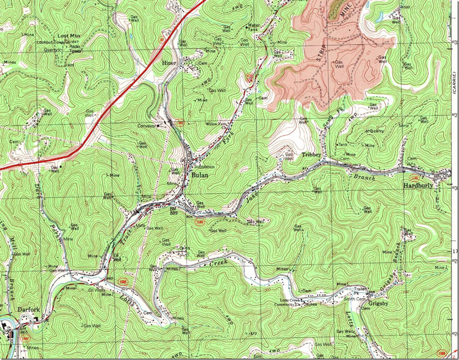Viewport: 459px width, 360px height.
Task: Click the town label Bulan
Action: coord(200,176)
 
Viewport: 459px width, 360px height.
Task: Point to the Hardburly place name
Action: coord(418,186)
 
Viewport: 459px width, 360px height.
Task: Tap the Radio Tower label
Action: coord(75,47)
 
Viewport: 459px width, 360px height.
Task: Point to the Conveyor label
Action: coord(147,126)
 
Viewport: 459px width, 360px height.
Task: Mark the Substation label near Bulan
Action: coord(206,167)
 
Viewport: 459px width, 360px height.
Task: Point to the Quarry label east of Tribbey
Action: coord(376,131)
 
